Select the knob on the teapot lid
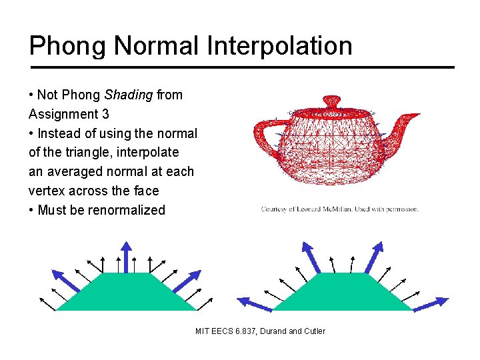331,101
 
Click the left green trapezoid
125,293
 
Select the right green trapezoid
343,293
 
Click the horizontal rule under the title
241,67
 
